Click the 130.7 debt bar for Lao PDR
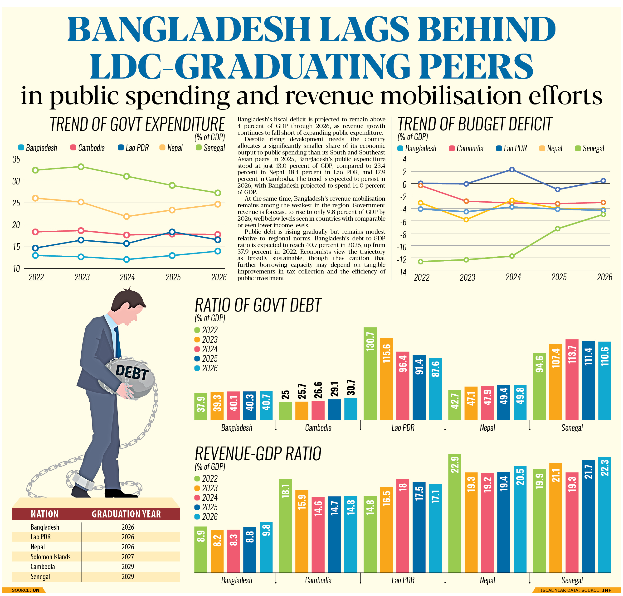370,373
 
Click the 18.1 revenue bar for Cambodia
285,526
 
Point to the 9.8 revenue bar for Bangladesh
266,547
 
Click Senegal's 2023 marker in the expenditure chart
81,167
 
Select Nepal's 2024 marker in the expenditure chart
126,217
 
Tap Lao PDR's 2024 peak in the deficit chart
512,170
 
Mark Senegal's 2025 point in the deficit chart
557,229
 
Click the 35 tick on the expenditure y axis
16,159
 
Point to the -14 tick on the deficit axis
402,272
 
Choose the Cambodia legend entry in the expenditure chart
88,148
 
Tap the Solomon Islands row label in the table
50,556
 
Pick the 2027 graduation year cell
128,556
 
